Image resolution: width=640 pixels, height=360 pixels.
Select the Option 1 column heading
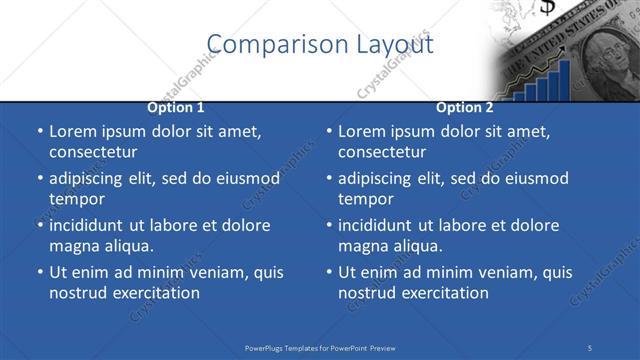point(176,107)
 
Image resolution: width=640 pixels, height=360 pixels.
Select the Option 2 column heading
point(465,107)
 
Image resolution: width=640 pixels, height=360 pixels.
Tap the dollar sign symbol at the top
point(547,8)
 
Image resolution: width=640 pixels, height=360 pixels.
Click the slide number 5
point(590,347)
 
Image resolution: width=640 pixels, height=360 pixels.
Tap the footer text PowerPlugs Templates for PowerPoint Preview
point(320,347)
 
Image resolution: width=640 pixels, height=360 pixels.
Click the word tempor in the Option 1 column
point(76,198)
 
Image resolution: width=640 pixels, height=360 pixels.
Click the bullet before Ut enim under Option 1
point(38,272)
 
